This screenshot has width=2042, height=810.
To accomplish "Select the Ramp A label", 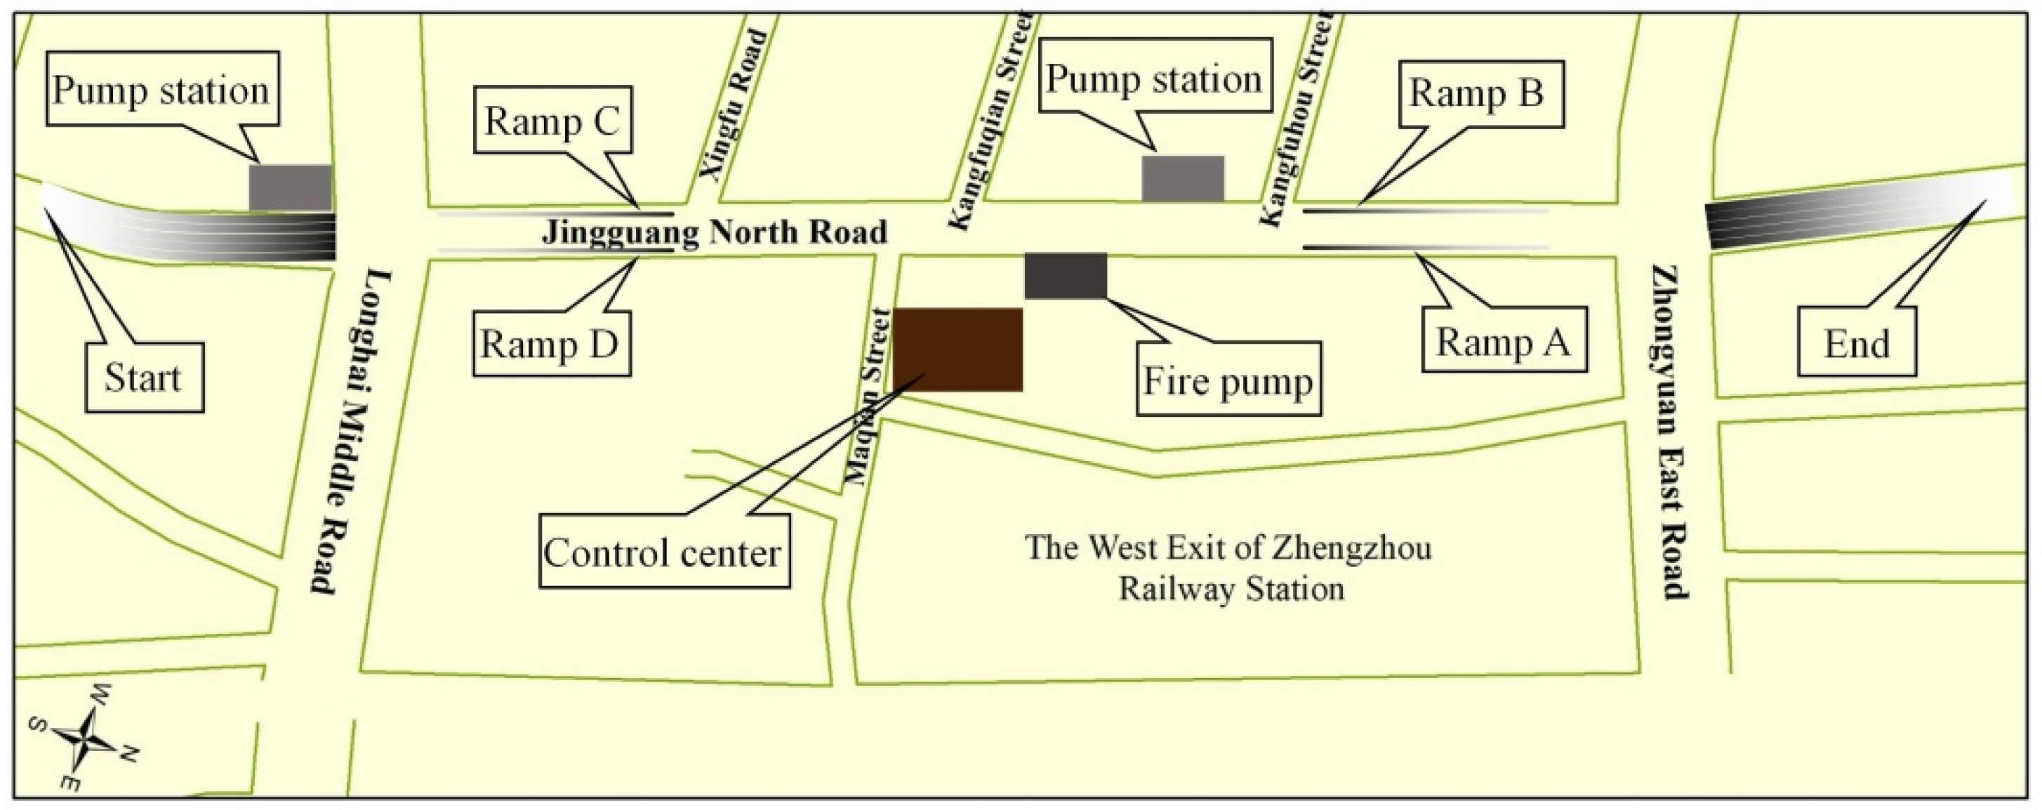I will [x=1504, y=342].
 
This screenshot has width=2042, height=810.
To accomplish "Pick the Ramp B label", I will [x=1477, y=93].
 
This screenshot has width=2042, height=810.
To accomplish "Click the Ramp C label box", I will [x=552, y=120].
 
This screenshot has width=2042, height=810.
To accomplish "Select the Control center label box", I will [x=663, y=552].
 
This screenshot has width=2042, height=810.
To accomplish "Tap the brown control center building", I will [x=957, y=350].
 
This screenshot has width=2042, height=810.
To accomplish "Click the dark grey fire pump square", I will [x=1066, y=275].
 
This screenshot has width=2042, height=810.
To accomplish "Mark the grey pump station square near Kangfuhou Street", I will [x=1183, y=178].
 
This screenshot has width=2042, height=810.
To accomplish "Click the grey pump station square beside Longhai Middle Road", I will [x=290, y=187].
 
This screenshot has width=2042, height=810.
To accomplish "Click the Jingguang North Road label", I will [x=714, y=232].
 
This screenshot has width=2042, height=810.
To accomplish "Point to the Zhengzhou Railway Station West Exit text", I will [x=1229, y=567].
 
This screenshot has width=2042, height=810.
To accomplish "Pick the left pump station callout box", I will [x=161, y=90].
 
